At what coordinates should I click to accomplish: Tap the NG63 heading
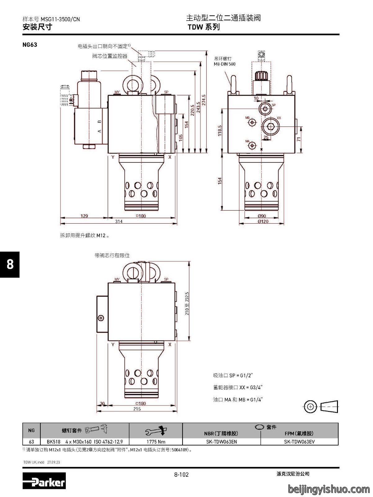29,45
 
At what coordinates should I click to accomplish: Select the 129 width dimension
84,216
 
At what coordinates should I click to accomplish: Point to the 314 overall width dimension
119,221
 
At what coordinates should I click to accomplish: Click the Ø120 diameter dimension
263,221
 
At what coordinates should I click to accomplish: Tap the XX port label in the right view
279,118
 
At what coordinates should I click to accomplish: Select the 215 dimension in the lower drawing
137,409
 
